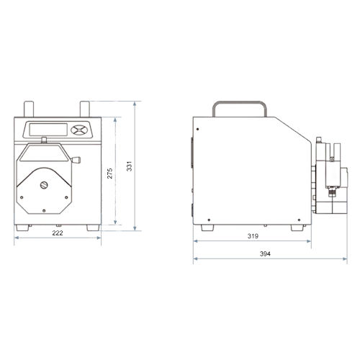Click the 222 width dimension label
coord(58,233)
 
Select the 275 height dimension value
coord(109,174)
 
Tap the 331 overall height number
coord(130,166)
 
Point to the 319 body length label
coord(253,236)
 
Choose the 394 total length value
coord(265,254)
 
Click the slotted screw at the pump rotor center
coord(44,185)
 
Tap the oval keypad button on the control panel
coord(79,130)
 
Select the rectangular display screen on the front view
coord(48,130)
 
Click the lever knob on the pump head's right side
coord(76,160)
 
